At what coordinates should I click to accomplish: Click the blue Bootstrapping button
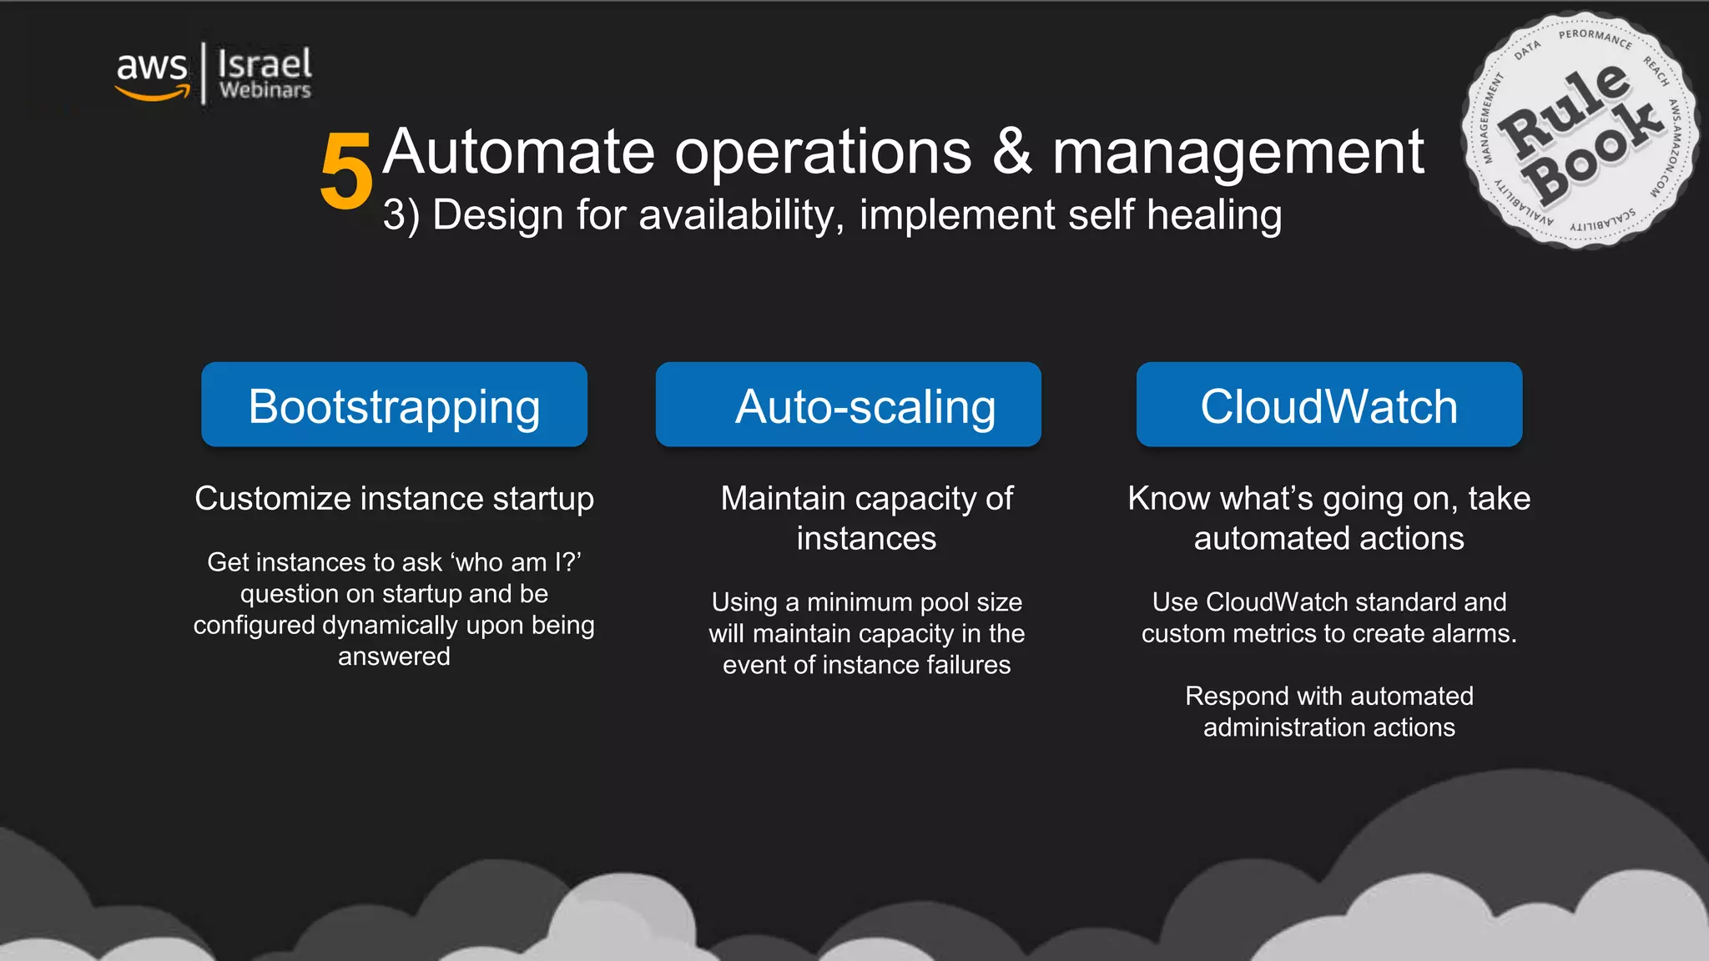(394, 405)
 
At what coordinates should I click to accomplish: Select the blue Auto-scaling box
(848, 405)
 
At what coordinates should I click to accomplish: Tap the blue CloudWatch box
(1328, 405)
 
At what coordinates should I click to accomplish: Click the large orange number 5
(345, 173)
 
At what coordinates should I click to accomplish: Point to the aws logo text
(152, 65)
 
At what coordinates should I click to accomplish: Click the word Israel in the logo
(265, 63)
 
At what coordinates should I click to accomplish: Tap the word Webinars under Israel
(265, 90)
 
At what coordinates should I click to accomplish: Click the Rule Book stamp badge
(1580, 131)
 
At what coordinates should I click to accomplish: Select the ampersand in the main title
(1012, 152)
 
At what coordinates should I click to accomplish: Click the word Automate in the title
(519, 152)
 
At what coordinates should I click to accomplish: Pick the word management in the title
(1238, 153)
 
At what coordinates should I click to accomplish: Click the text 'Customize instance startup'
(394, 499)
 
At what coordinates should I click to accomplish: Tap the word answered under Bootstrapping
(394, 657)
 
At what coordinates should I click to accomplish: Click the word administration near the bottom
(1284, 727)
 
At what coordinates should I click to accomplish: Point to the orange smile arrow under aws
(154, 94)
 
